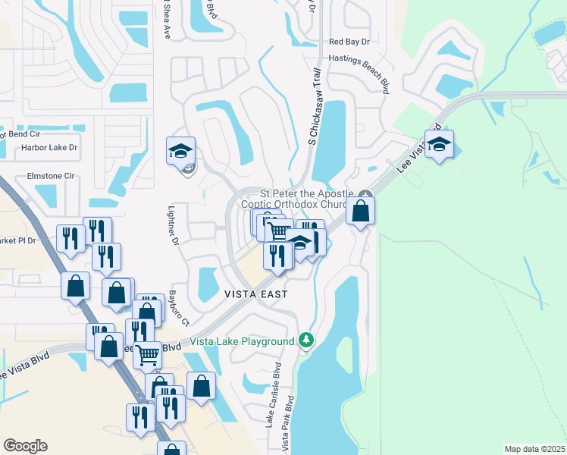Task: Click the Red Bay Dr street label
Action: click(348, 42)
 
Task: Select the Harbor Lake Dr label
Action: click(49, 148)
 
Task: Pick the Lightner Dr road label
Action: click(174, 228)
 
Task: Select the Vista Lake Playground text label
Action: click(243, 342)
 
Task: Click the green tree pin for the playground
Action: click(305, 339)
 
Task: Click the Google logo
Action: click(25, 446)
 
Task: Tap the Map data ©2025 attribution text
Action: click(534, 449)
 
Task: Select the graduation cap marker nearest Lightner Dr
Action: click(180, 151)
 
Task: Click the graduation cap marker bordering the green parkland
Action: click(438, 144)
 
